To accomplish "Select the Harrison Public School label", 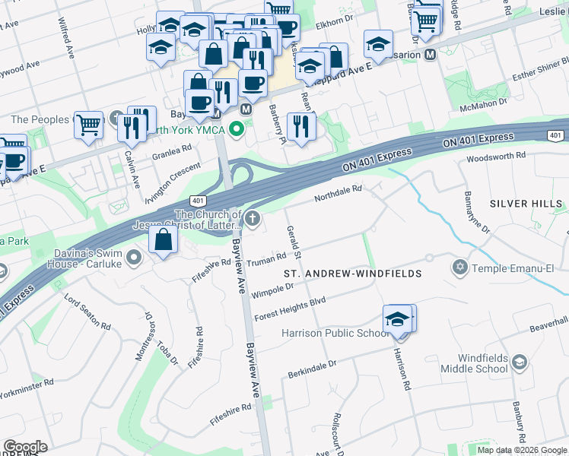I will [335, 333].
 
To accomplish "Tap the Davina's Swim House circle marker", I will [135, 258].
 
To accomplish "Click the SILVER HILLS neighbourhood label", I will [526, 204].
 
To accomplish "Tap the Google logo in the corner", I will [25, 446].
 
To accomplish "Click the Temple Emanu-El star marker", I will [459, 268].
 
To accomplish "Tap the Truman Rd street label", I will [267, 258].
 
